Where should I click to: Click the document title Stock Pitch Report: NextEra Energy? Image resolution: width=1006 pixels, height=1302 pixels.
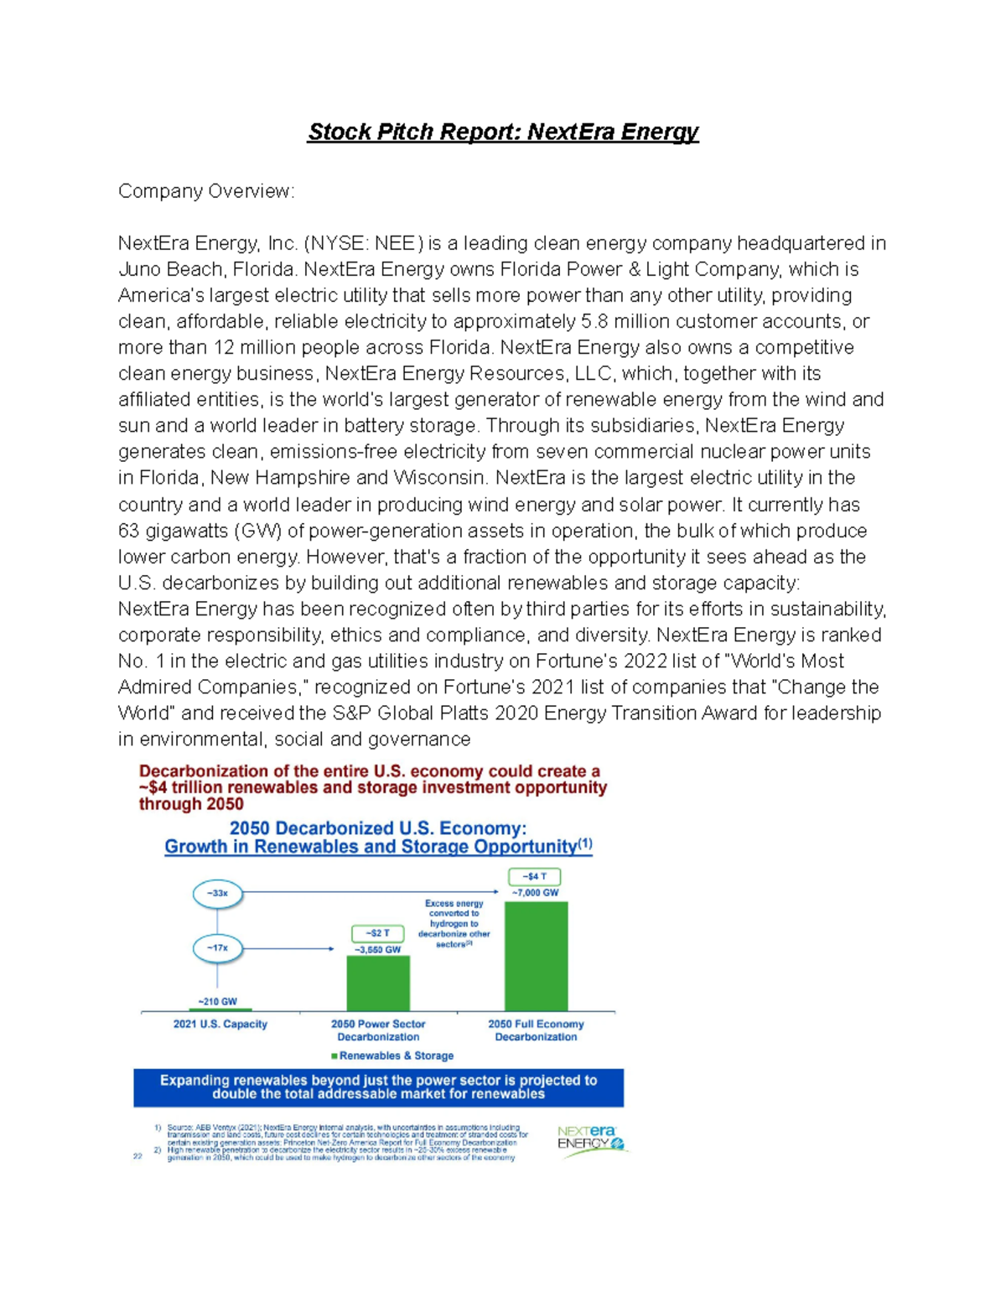(x=503, y=132)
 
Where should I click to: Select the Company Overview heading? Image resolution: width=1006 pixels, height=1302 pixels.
(x=206, y=191)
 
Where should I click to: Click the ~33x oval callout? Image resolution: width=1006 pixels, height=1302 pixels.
(x=218, y=894)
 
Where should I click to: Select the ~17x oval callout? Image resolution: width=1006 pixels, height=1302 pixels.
(x=218, y=948)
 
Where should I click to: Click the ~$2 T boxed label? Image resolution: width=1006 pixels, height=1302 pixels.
(x=378, y=933)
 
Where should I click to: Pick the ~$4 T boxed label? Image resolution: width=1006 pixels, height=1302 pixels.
(x=535, y=877)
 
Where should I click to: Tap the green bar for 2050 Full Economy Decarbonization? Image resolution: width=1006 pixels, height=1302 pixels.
(x=536, y=956)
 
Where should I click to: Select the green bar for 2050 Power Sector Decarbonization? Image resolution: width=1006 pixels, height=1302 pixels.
(x=378, y=983)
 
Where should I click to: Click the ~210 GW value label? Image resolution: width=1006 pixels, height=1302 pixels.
(x=217, y=1001)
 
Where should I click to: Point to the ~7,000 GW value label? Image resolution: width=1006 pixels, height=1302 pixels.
(x=535, y=893)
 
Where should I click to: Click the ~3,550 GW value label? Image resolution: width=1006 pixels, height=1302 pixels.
(x=378, y=950)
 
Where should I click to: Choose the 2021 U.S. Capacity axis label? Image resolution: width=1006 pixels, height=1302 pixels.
(x=220, y=1024)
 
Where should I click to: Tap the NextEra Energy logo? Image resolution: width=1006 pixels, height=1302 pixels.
(x=591, y=1140)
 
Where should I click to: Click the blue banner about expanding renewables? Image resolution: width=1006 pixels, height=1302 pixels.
(x=378, y=1087)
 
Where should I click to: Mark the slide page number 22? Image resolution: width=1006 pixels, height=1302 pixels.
(x=138, y=1156)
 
